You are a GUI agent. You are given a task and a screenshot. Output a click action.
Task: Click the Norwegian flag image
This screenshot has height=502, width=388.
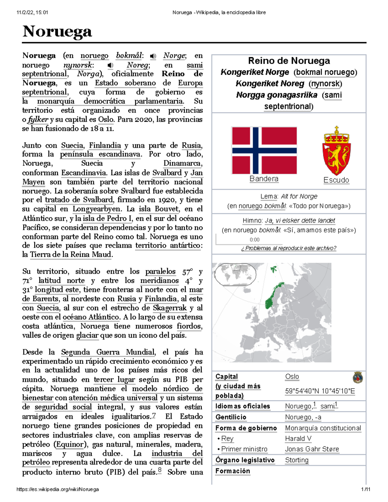pyautogui.click(x=264, y=150)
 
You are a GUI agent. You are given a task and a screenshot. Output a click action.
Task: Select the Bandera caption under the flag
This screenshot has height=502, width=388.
pyautogui.click(x=264, y=179)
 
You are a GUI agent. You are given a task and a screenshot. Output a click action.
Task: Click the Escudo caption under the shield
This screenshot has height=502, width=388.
pyautogui.click(x=336, y=180)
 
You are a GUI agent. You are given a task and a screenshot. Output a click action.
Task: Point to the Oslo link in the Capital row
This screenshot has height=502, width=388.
pyautogui.click(x=292, y=377)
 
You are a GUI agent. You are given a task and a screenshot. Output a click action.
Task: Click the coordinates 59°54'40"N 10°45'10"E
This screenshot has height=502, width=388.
pyautogui.click(x=320, y=391)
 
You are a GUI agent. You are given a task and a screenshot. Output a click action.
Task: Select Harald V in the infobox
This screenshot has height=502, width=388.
pyautogui.click(x=298, y=439)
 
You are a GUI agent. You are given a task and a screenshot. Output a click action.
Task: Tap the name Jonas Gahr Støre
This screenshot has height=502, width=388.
pyautogui.click(x=312, y=449)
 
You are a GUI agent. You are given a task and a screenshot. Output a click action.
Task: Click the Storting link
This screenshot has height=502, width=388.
pyautogui.click(x=297, y=460)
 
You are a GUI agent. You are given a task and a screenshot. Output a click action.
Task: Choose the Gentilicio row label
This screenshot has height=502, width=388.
pyautogui.click(x=231, y=417)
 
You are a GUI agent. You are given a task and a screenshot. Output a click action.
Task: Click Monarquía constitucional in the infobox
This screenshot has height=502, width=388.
pyautogui.click(x=323, y=428)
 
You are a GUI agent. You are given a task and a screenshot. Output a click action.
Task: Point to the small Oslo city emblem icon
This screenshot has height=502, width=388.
pyautogui.click(x=358, y=378)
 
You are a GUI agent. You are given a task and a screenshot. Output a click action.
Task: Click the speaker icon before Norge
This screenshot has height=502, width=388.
pyautogui.click(x=153, y=56)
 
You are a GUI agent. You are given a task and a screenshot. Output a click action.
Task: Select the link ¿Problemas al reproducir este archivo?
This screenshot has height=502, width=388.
pyautogui.click(x=289, y=248)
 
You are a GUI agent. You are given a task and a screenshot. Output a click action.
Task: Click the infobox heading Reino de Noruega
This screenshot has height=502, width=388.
pyautogui.click(x=289, y=61)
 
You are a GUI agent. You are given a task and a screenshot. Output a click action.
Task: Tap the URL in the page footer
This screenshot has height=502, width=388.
pyautogui.click(x=58, y=489)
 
